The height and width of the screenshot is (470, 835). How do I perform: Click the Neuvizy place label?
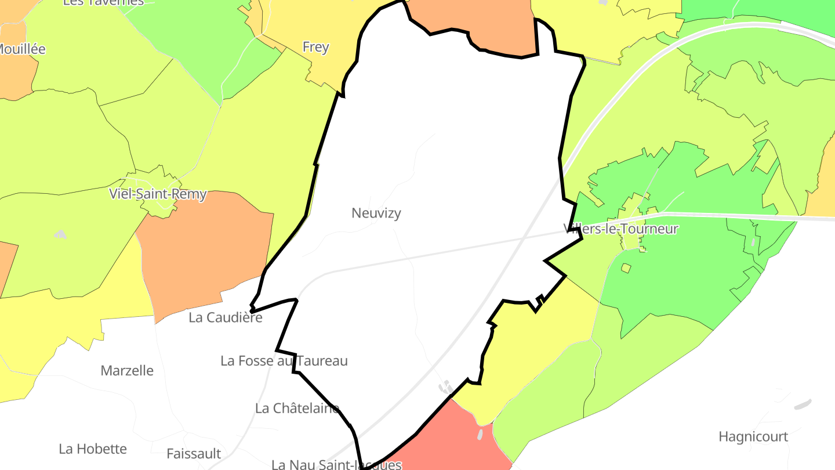376,214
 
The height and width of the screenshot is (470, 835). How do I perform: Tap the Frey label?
315,47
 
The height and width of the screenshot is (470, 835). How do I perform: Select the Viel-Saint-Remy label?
158,194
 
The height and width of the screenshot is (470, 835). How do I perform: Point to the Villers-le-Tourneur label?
620,229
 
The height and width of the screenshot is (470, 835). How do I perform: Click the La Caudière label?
226,317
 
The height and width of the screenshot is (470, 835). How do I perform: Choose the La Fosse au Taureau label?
284,361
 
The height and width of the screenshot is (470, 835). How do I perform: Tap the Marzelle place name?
127,370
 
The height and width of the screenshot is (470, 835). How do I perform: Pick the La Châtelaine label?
297,408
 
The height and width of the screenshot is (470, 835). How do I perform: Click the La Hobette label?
93,449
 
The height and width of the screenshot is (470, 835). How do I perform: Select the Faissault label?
194,453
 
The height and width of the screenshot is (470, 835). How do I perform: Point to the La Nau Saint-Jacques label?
337,464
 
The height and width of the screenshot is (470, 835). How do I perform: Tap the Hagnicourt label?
753,436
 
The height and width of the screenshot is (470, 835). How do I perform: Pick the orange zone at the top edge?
475,23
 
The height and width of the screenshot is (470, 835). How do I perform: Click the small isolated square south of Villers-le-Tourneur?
626,268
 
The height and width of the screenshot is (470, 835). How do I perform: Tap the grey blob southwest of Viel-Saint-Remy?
60,234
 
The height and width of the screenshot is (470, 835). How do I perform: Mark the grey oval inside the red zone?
480,433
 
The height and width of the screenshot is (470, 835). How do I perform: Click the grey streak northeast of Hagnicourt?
803,404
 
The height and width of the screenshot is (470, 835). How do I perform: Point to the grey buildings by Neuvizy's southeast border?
446,387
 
